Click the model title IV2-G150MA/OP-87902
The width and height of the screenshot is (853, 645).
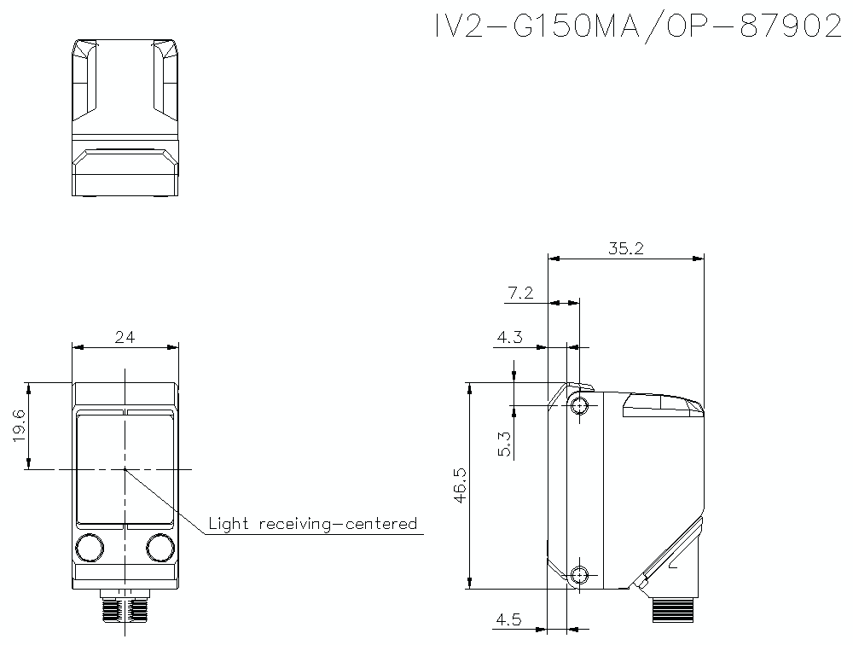click(x=637, y=26)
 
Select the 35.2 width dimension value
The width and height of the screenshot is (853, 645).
click(x=625, y=248)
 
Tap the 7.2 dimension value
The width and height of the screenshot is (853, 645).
click(x=519, y=293)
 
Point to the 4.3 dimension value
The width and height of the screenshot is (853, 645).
click(x=509, y=338)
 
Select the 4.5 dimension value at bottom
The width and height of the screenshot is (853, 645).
click(x=509, y=620)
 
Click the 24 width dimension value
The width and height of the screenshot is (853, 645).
click(x=125, y=338)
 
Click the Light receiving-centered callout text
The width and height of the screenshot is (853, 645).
click(x=313, y=523)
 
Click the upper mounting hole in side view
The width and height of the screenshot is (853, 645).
click(x=580, y=404)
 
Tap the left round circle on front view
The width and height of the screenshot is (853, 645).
click(x=90, y=545)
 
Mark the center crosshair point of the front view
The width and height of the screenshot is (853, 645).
click(x=125, y=469)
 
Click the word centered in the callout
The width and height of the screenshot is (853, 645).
click(x=380, y=523)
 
